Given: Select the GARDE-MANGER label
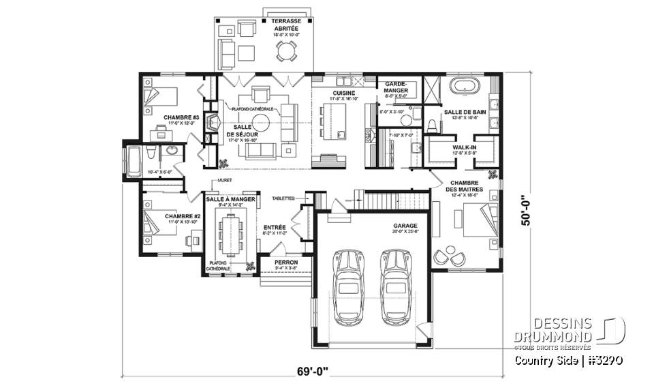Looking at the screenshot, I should pos(396,87).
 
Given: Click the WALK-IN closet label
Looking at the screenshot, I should pos(464,146).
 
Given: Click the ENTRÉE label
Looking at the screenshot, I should pos(274,228).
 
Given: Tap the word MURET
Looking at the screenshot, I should pos(219,181).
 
